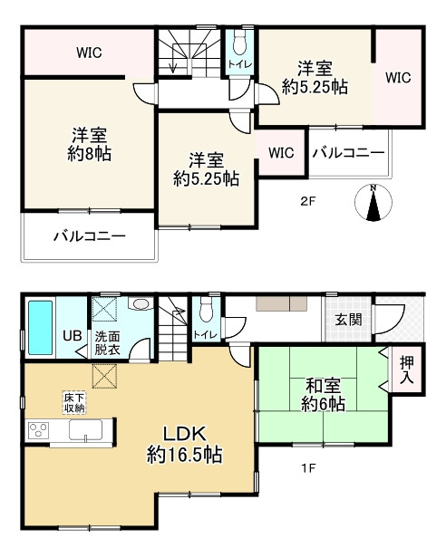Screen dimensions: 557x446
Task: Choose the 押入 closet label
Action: [x=409, y=370]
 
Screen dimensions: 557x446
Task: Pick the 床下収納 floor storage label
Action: [x=74, y=403]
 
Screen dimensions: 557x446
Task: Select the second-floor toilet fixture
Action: [x=240, y=43]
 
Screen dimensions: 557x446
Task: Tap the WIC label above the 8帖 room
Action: [x=88, y=53]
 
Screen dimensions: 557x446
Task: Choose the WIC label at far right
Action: [x=398, y=78]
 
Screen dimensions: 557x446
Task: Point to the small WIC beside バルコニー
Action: [x=281, y=152]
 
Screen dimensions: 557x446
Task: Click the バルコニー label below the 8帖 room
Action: [x=88, y=236]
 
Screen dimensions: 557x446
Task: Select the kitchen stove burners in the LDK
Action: [x=41, y=429]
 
